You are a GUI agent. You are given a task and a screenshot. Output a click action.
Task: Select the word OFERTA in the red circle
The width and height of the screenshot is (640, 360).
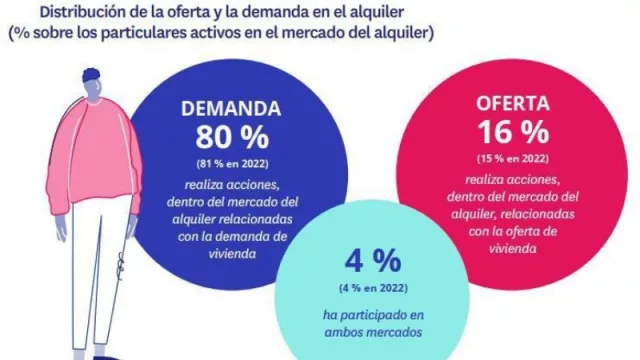tap(513, 103)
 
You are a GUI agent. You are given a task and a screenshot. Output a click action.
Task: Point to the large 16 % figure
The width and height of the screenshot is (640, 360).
tap(513, 131)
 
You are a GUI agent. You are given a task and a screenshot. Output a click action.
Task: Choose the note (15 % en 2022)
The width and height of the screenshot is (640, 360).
tap(513, 157)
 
